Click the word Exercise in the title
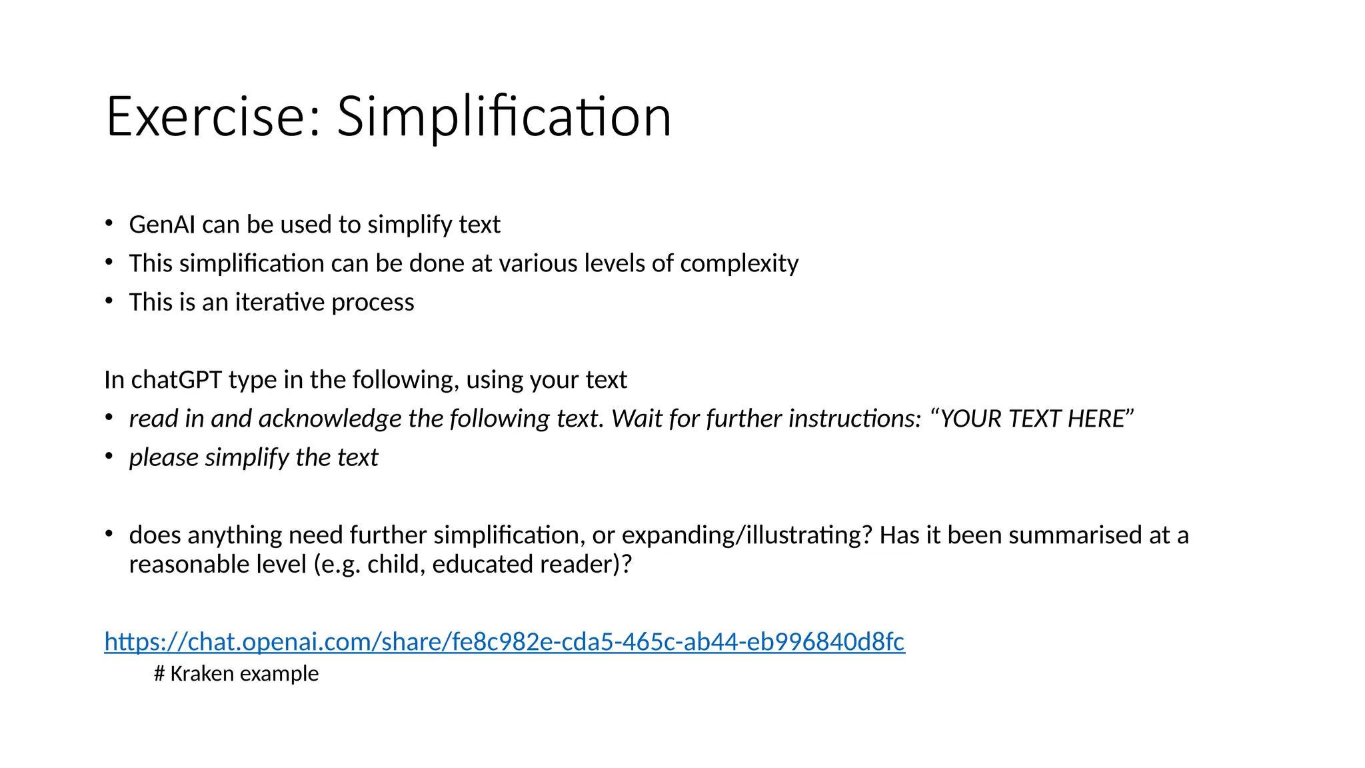(206, 117)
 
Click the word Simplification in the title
(504, 117)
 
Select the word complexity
(739, 263)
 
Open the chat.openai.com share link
(505, 641)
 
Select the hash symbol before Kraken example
(159, 673)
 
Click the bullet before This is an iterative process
(109, 301)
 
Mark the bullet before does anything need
(109, 534)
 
